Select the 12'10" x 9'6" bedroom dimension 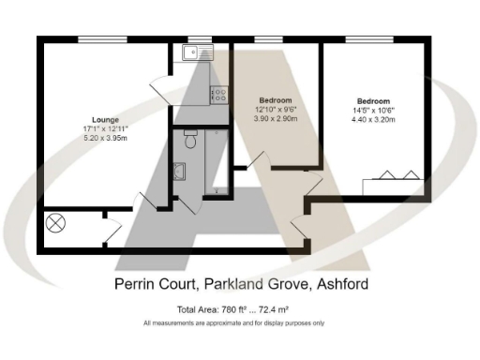coord(276,111)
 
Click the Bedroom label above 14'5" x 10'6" coord(373,100)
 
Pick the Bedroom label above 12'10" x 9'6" coord(276,100)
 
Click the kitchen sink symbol coord(201,53)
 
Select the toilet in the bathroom coord(189,142)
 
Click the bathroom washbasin coord(180,172)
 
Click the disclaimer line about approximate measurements coord(233,323)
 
